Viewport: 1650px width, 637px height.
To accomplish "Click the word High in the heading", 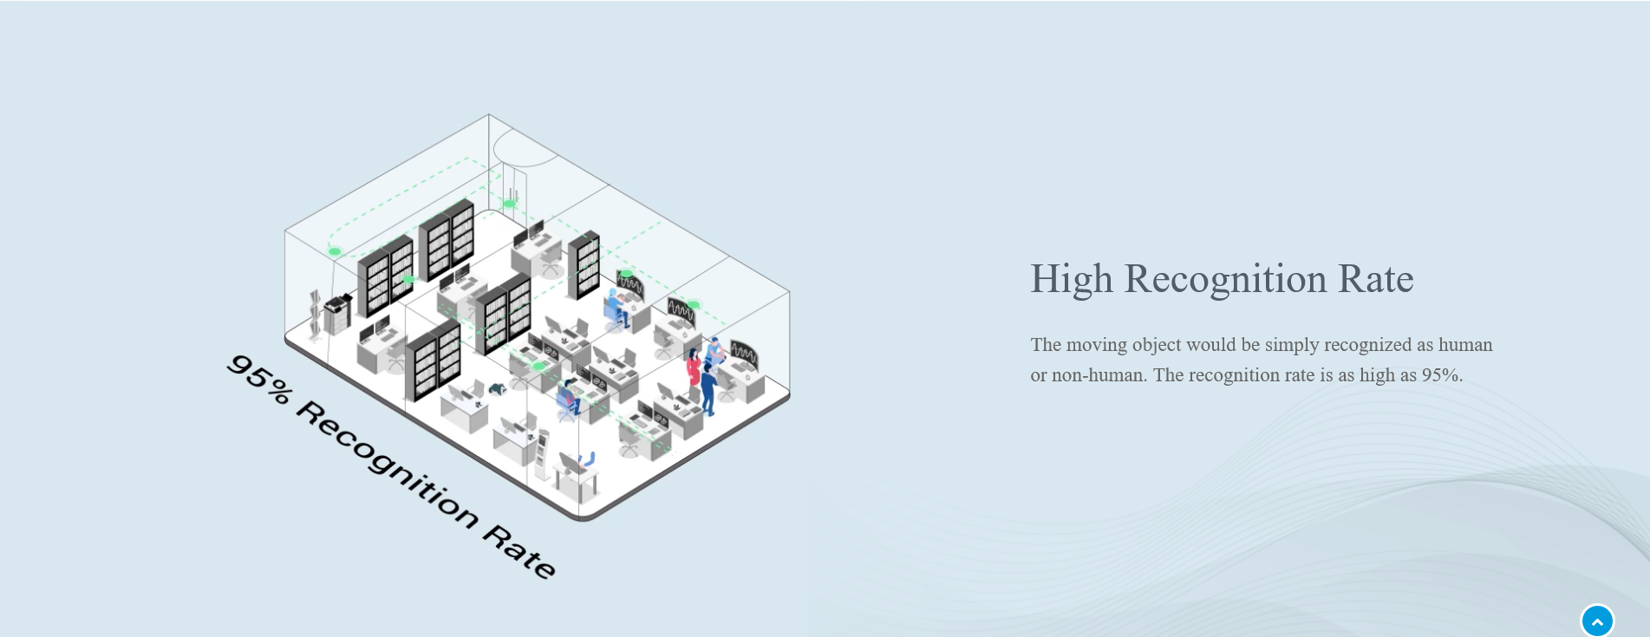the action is pyautogui.click(x=1071, y=280).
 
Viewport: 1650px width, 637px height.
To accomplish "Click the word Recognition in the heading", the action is pyautogui.click(x=1225, y=280).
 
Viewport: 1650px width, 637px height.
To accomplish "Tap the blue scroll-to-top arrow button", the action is pyautogui.click(x=1597, y=621).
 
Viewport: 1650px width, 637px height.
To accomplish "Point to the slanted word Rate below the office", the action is pyautogui.click(x=519, y=551).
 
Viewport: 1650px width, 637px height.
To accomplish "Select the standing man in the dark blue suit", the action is pyautogui.click(x=708, y=389).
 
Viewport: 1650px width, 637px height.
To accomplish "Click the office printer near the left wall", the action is pyautogui.click(x=337, y=314).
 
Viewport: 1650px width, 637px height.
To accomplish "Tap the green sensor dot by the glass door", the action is pyautogui.click(x=510, y=205).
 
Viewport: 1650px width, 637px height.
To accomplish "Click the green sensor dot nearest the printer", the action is pyautogui.click(x=335, y=251).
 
